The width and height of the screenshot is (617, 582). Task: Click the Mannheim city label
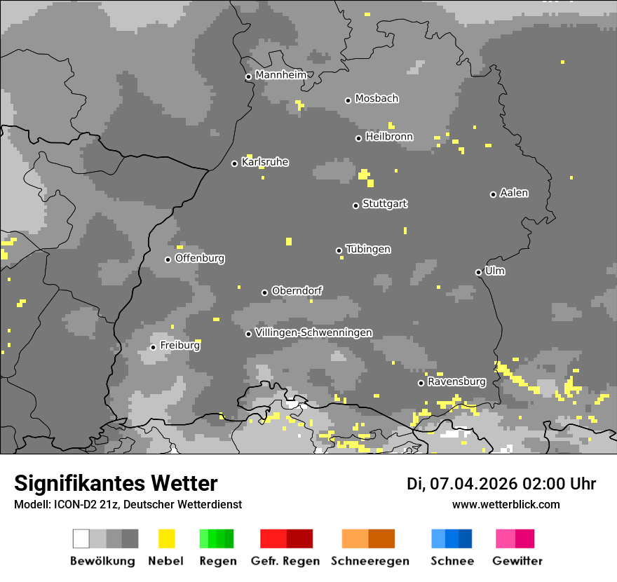tap(280, 75)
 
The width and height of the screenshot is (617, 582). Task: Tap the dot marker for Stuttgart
tap(355, 205)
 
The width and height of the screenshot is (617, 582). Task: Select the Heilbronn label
tap(389, 137)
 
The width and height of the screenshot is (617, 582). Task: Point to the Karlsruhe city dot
tap(235, 163)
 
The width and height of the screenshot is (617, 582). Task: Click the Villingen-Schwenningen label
tap(313, 332)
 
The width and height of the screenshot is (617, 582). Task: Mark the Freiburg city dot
tap(153, 347)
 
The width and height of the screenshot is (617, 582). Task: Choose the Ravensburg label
tap(456, 382)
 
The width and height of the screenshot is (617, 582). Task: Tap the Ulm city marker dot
tap(478, 272)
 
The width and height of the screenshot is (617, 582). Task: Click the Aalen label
tap(514, 193)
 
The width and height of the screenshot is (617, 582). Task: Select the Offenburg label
tap(200, 258)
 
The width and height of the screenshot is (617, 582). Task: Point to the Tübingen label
tap(368, 249)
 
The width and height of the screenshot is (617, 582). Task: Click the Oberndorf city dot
tap(264, 292)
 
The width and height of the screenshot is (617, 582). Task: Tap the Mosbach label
tap(377, 99)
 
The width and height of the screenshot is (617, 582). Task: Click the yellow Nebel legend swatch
tap(166, 539)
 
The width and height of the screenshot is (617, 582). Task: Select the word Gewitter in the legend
tap(517, 561)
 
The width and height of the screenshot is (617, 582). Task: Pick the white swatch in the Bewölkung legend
tap(81, 539)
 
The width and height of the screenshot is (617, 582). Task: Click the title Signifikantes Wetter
tap(116, 483)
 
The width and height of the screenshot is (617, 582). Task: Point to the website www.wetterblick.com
tap(506, 504)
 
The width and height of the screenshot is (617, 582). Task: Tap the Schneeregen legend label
tap(369, 561)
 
